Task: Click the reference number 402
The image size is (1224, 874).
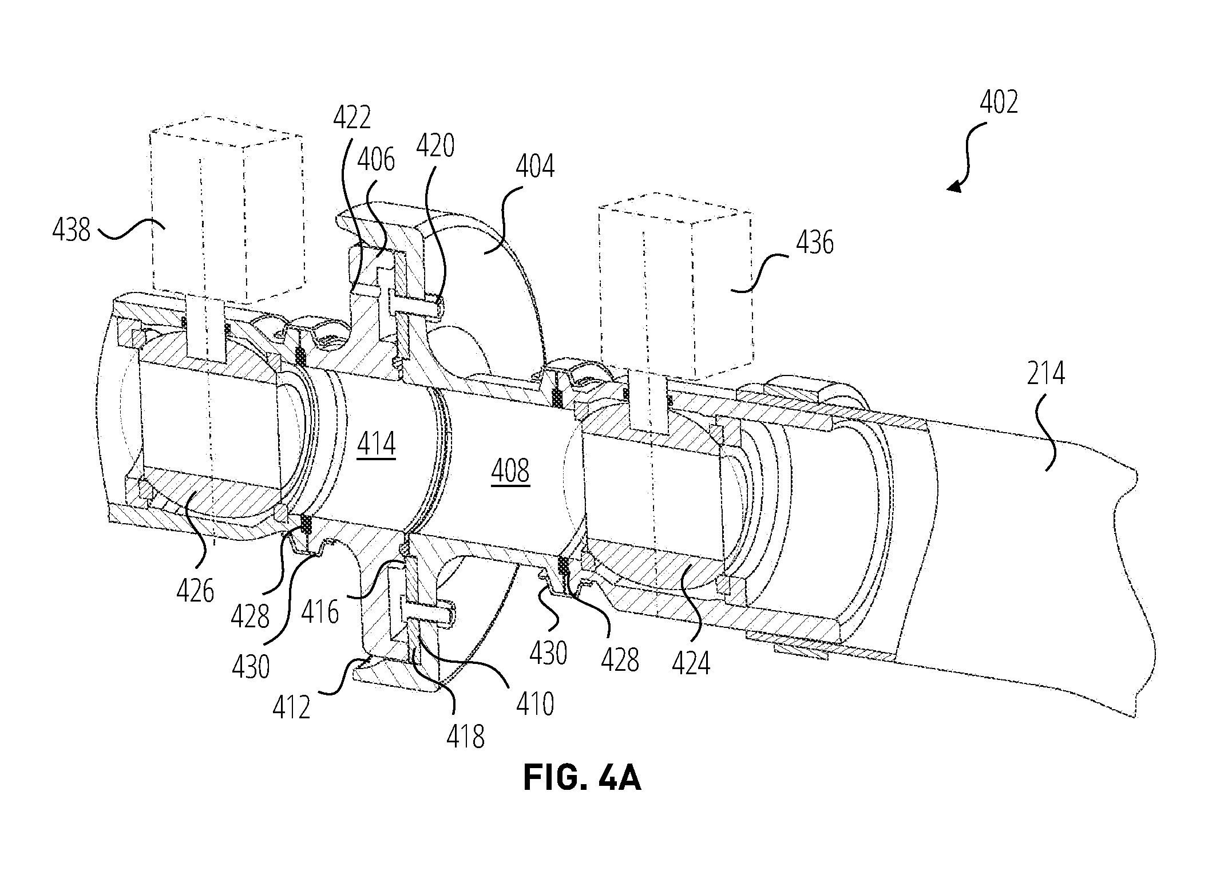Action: pos(999,104)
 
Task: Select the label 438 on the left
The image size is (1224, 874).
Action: pos(72,230)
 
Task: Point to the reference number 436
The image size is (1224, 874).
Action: pos(815,243)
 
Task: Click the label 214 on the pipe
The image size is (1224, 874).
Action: pos(1045,374)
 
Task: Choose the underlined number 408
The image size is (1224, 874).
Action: pos(510,472)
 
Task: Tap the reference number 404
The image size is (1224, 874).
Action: pos(535,167)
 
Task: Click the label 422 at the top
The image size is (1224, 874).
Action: pos(352,117)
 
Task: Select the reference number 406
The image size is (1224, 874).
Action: pos(376,160)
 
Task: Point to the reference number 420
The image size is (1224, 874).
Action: pos(435,145)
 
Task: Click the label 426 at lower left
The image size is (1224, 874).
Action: pos(195,590)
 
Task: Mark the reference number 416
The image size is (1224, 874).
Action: pos(320,612)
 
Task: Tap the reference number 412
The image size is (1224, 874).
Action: pos(291,707)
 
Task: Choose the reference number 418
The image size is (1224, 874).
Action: pos(466,737)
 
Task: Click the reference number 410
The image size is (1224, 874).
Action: pos(535,704)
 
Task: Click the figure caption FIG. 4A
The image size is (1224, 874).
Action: pos(582,778)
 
